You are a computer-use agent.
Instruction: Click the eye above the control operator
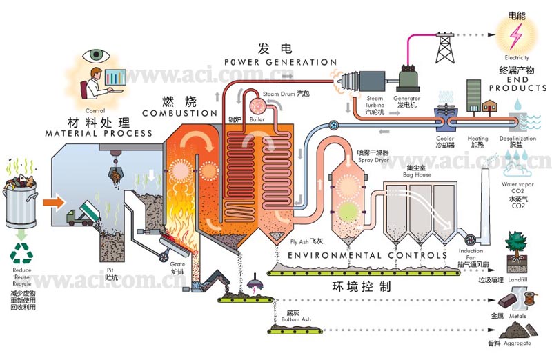pyautogui.click(x=95, y=55)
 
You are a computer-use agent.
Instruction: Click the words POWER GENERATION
pyautogui.click(x=266, y=63)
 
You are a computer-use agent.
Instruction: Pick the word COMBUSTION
pyautogui.click(x=179, y=113)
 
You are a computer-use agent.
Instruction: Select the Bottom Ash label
pyautogui.click(x=292, y=319)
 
